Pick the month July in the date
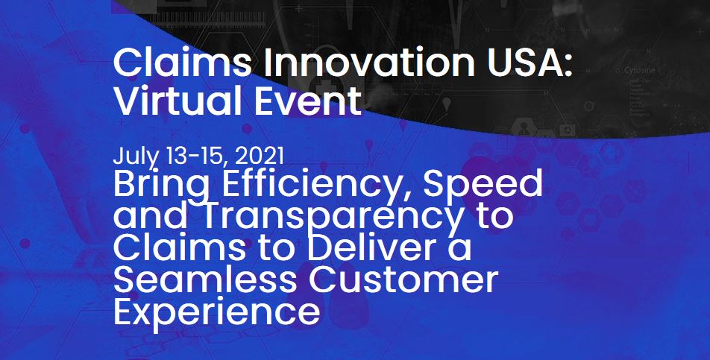(x=131, y=157)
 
